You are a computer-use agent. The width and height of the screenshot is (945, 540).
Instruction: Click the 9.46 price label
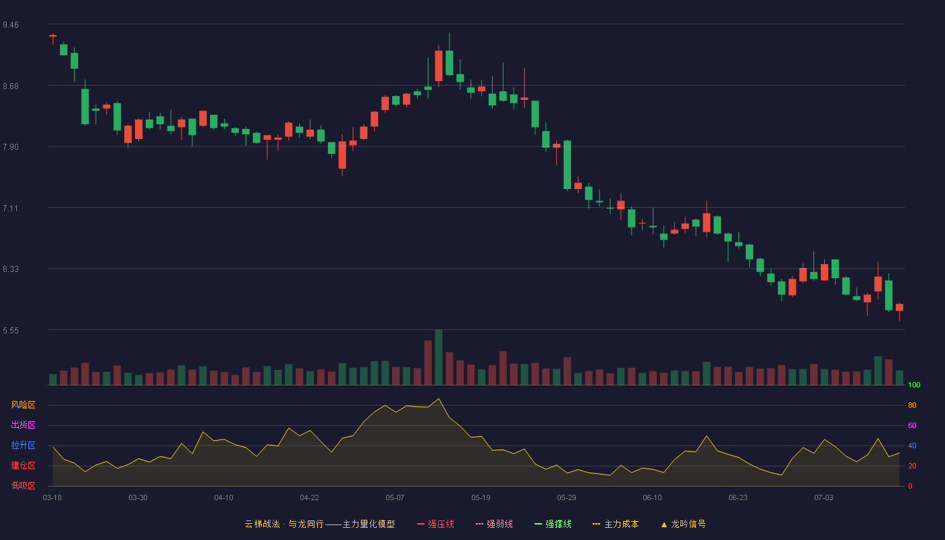click(11, 25)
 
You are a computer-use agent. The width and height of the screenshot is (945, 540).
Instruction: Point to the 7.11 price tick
click(11, 209)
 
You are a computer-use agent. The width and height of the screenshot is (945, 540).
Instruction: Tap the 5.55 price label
click(11, 331)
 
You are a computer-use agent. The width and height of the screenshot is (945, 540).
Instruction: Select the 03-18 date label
click(53, 498)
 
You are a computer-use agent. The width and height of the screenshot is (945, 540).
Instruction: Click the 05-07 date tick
click(395, 498)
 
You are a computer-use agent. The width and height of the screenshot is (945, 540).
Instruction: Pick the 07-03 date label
click(823, 498)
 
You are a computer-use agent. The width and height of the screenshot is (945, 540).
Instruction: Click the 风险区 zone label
click(23, 405)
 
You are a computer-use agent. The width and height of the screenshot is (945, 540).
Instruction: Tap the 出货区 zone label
click(23, 425)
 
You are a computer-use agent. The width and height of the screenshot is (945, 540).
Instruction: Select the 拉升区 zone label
click(23, 445)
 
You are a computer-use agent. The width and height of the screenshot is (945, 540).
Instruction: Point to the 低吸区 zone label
click(23, 485)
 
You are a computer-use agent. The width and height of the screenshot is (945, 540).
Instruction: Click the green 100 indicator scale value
click(914, 385)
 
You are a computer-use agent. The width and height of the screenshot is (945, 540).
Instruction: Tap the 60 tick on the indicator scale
click(912, 425)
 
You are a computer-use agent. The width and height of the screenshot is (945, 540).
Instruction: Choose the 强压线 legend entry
click(436, 524)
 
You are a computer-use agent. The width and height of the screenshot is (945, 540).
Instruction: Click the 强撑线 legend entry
click(553, 524)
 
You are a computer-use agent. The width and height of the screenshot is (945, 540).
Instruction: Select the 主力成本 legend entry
click(616, 524)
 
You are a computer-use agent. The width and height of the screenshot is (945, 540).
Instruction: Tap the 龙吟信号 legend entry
click(683, 524)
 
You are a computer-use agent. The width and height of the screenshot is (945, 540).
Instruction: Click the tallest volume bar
click(439, 357)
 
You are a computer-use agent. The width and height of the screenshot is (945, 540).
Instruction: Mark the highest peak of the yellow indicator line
click(439, 399)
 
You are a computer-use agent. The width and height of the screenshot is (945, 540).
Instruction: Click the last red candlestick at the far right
click(899, 308)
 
